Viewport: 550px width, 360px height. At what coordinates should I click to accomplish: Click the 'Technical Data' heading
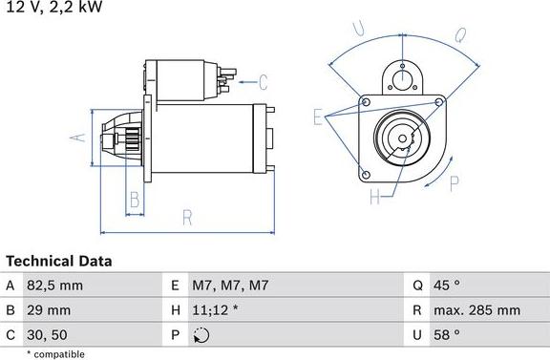click(59, 261)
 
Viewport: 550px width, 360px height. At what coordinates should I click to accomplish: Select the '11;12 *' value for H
click(217, 309)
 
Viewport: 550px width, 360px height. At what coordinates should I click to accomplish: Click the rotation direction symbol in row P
click(201, 334)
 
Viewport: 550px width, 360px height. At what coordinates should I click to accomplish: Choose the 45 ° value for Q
click(448, 285)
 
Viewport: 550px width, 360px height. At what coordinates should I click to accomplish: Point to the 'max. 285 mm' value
click(477, 309)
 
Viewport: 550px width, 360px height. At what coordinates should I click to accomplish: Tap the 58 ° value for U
click(448, 334)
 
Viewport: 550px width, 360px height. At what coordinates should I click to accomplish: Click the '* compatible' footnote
click(56, 353)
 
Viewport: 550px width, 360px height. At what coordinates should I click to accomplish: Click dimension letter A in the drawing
click(80, 137)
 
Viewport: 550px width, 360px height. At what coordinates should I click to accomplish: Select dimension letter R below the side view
click(187, 217)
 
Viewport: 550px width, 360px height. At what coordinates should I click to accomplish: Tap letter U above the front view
click(359, 29)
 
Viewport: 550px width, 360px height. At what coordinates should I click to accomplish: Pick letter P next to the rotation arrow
click(455, 183)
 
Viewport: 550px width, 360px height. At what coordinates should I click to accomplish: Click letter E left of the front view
click(318, 116)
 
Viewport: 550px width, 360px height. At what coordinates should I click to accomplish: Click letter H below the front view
click(374, 198)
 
